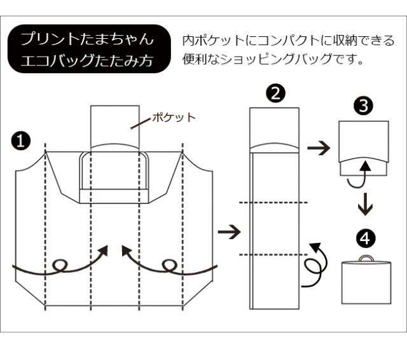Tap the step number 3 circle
coord(364,106)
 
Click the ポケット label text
coord(174,118)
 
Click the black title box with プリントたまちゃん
coord(88,50)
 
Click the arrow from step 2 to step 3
coord(319,149)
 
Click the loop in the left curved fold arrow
coord(61,265)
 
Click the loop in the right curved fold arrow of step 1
coord(169,265)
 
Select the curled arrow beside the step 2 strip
coord(315,264)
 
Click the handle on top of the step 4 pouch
coord(365,258)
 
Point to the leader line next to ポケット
coord(141,123)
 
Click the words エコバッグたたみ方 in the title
coord(88,62)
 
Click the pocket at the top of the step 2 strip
coord(274,130)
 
